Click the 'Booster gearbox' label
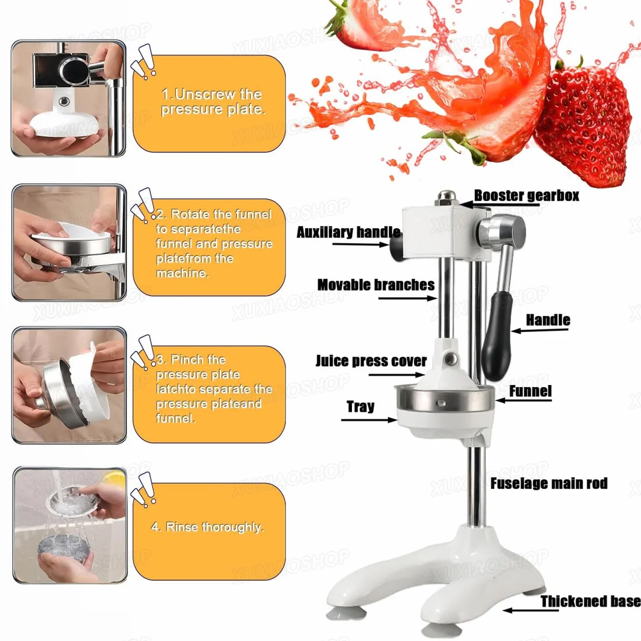(526, 196)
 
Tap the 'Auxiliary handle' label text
(348, 232)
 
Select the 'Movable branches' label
(376, 285)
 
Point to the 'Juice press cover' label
(371, 361)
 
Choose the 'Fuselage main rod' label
(549, 483)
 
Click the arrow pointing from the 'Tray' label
(369, 420)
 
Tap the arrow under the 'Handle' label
(539, 330)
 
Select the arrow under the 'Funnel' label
(523, 400)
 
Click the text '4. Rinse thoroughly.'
(207, 527)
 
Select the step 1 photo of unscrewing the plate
(69, 99)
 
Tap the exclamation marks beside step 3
(143, 353)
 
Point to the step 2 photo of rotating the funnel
(69, 243)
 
